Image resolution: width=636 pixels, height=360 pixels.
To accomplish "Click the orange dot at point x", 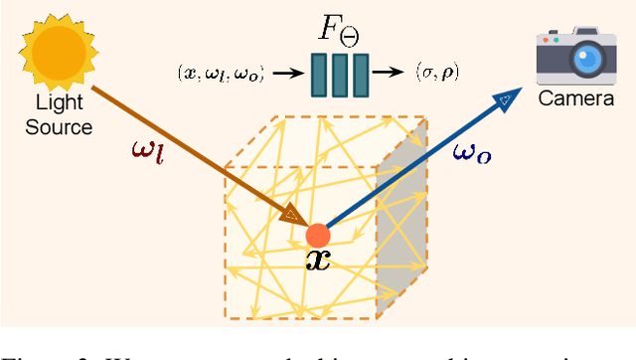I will coord(317,236).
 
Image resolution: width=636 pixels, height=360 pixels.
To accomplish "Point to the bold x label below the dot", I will coord(319,261).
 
